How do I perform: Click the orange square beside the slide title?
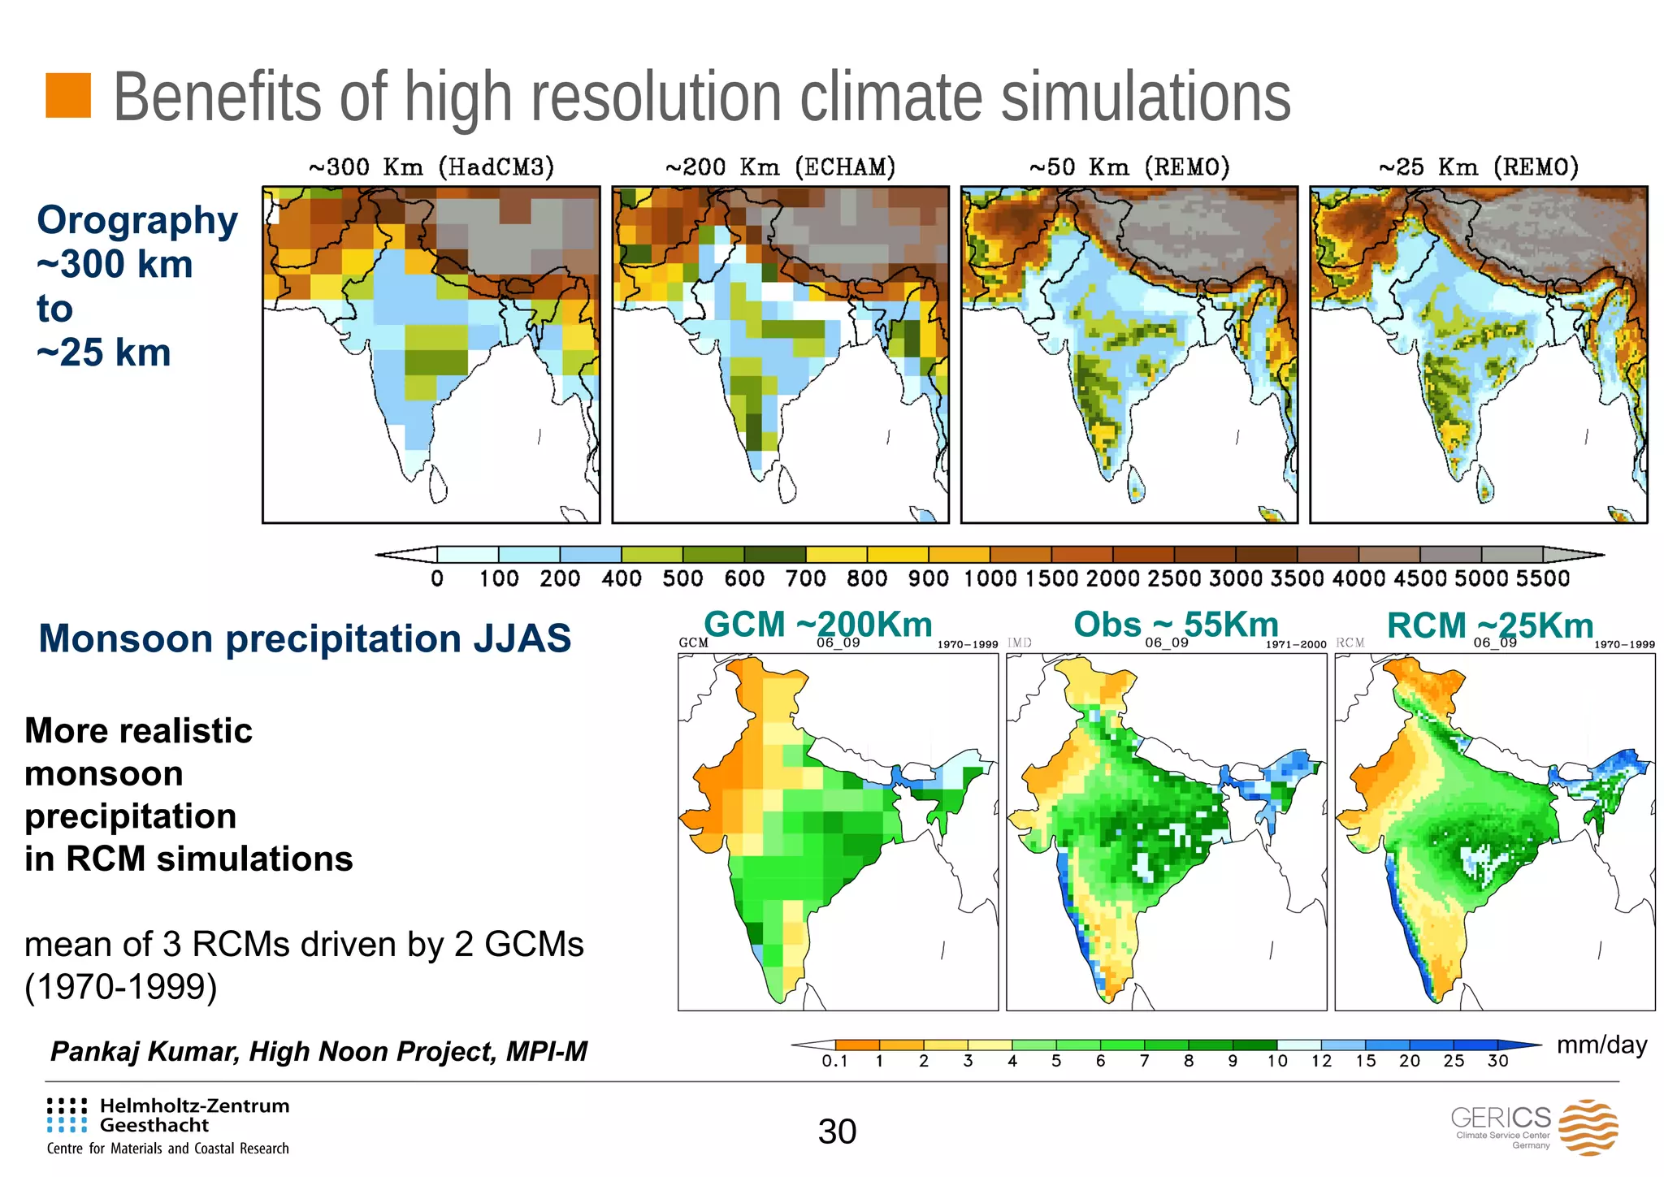pyautogui.click(x=67, y=95)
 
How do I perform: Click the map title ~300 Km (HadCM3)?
pyautogui.click(x=431, y=167)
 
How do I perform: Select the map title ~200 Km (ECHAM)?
pyautogui.click(x=780, y=167)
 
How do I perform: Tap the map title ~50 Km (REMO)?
pyautogui.click(x=1129, y=167)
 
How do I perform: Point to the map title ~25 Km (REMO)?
pyautogui.click(x=1479, y=167)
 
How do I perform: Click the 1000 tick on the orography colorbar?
pyautogui.click(x=990, y=578)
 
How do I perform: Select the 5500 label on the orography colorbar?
pyautogui.click(x=1542, y=578)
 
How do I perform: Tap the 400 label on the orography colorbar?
pyautogui.click(x=622, y=578)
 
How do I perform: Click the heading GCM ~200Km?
pyautogui.click(x=817, y=625)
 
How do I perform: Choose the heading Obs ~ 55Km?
pyautogui.click(x=1176, y=625)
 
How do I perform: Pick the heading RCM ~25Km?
pyautogui.click(x=1490, y=625)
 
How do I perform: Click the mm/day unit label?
pyautogui.click(x=1601, y=1045)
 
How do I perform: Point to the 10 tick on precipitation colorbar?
pyautogui.click(x=1277, y=1061)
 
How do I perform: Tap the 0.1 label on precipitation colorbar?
pyautogui.click(x=834, y=1061)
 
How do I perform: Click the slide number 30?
pyautogui.click(x=837, y=1132)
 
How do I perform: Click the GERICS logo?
pyautogui.click(x=1534, y=1127)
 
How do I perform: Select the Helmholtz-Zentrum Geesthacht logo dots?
pyautogui.click(x=67, y=1115)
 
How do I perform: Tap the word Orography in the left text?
pyautogui.click(x=137, y=220)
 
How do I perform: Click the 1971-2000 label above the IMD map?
pyautogui.click(x=1296, y=644)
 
